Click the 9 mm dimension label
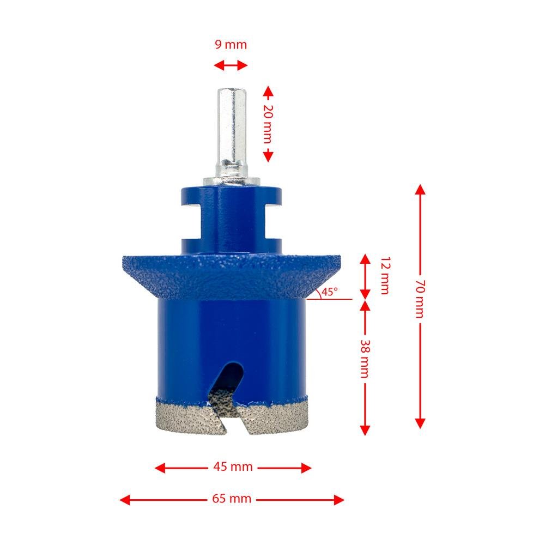point(230,45)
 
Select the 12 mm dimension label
point(384,275)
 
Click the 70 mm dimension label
point(419,305)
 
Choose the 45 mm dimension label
point(233,467)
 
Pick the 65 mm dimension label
point(232,499)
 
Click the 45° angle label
point(329,292)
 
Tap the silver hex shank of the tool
point(231,131)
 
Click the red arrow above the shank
point(230,66)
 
